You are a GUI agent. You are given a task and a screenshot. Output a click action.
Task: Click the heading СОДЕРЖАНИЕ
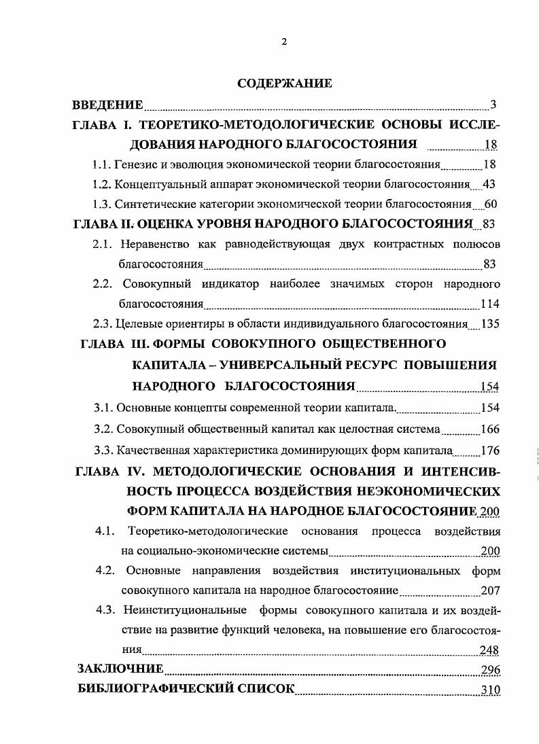click(285, 84)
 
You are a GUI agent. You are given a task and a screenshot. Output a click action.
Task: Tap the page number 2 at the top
click(284, 41)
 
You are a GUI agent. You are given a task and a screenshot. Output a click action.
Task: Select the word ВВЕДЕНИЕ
click(108, 105)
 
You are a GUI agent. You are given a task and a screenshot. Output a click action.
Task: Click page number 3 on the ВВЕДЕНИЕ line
click(493, 105)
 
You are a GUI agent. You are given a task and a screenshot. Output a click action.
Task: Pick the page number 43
click(492, 184)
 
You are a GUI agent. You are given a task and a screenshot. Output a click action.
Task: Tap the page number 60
click(492, 204)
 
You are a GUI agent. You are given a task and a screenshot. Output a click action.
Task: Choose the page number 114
click(489, 304)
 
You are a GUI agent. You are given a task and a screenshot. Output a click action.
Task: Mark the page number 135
click(489, 323)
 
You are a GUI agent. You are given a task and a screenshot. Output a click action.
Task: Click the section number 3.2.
click(103, 429)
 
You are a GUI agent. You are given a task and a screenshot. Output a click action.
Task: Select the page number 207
click(489, 590)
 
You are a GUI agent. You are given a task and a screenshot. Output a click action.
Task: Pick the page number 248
click(489, 650)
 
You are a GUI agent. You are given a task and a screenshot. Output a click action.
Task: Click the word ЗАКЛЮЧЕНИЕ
click(120, 670)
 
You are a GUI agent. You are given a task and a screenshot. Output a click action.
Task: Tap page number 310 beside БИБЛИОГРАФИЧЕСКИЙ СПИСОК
click(489, 690)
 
